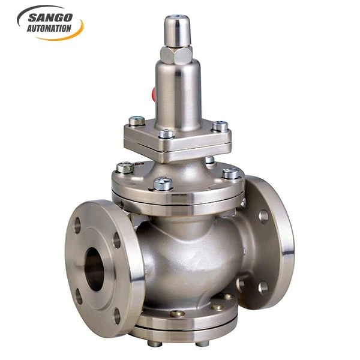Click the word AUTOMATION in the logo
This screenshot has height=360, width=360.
click(49, 28)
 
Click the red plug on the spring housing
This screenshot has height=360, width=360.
click(154, 94)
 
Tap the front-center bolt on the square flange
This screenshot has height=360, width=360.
click(166, 134)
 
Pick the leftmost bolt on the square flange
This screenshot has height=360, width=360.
click(137, 121)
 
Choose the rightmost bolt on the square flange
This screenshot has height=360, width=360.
click(220, 127)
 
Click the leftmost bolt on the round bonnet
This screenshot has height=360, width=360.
click(124, 167)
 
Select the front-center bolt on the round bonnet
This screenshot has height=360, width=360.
click(163, 183)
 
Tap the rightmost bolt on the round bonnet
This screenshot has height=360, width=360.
click(230, 174)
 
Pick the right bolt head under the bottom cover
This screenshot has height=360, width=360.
click(203, 343)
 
